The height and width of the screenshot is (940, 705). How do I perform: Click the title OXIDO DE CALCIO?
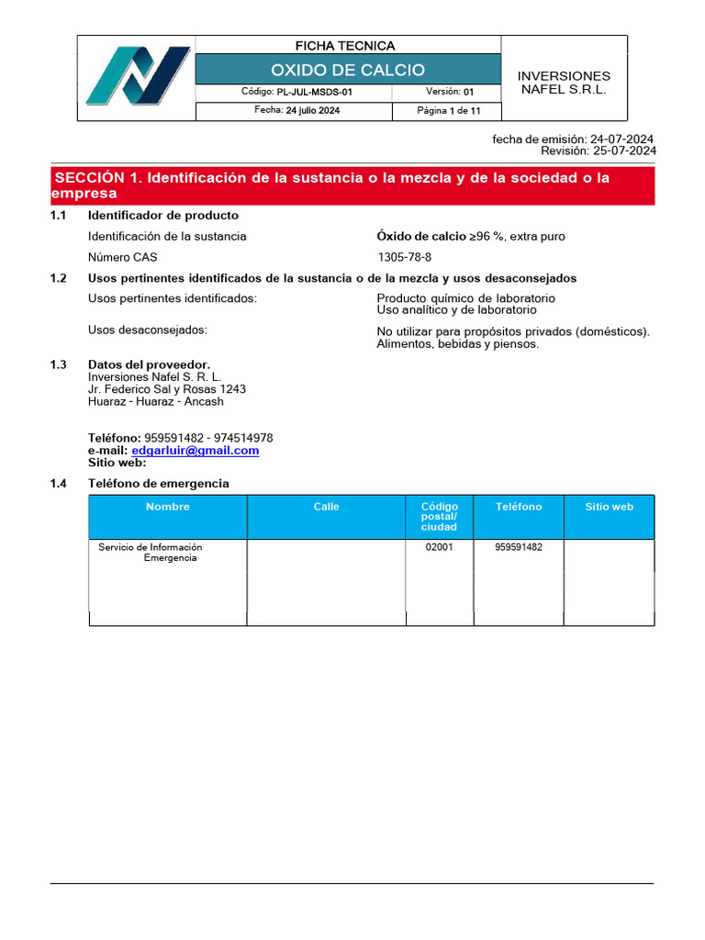point(348,70)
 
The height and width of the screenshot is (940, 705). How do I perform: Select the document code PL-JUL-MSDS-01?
point(315,93)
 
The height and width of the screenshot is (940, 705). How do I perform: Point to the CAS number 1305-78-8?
point(404,258)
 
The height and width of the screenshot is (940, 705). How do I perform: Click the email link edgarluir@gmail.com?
point(196,451)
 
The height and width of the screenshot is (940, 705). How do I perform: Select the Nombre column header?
point(167,507)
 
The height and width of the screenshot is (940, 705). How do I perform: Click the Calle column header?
point(326,507)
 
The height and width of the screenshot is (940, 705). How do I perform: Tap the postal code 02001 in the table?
point(439,547)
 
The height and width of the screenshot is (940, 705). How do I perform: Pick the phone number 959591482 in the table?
point(519,547)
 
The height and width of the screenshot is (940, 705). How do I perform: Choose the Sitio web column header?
point(609,507)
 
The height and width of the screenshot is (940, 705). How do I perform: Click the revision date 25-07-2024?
point(624,151)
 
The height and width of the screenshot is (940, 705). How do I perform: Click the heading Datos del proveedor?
point(149,364)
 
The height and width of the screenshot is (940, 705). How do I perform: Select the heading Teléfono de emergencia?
point(158,484)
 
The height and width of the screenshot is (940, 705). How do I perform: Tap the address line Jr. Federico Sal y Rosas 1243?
point(166,389)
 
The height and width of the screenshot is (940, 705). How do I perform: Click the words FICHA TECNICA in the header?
point(344,46)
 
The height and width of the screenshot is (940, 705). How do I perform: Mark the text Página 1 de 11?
point(447,111)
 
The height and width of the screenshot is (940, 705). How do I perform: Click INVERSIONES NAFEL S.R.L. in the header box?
point(564,83)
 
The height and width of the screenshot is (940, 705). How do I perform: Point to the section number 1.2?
point(59,278)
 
